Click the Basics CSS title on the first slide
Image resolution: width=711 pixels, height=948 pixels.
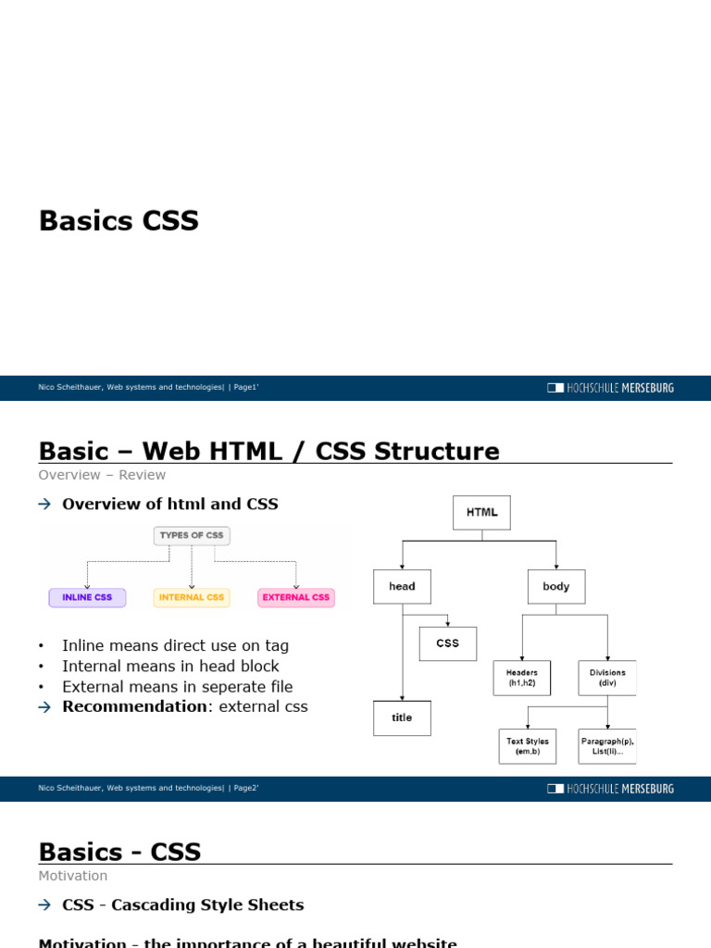[118, 221]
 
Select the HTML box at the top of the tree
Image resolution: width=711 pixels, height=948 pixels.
[481, 512]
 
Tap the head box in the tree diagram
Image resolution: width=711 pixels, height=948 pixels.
[402, 586]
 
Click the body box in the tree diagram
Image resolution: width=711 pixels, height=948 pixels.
[556, 586]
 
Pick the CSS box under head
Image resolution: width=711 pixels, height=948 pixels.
[447, 643]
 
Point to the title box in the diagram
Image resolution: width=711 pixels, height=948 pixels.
[402, 717]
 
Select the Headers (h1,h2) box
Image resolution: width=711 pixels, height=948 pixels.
[522, 678]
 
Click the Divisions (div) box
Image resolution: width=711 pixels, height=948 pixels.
[607, 678]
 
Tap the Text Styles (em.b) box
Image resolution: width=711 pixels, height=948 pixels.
[528, 746]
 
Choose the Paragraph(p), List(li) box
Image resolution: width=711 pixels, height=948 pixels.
[607, 746]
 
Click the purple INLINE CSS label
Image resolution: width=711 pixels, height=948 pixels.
[87, 597]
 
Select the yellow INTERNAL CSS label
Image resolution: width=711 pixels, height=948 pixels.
[192, 597]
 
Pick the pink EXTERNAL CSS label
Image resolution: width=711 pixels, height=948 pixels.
[296, 597]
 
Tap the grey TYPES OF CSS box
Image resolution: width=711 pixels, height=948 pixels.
[192, 535]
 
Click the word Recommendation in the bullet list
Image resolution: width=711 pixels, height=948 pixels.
[133, 706]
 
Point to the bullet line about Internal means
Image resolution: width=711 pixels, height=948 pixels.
[170, 666]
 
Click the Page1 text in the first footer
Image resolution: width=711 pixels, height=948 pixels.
[245, 388]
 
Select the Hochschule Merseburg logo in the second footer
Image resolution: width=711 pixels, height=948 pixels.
[611, 789]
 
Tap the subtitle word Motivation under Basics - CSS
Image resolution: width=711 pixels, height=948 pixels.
[73, 876]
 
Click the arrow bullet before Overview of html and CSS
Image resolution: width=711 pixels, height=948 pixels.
[44, 505]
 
